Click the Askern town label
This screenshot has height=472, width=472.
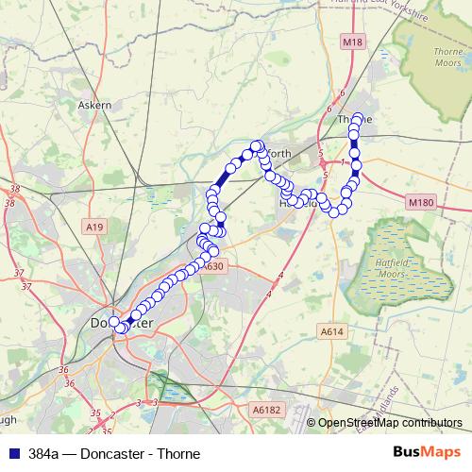(x=95, y=105)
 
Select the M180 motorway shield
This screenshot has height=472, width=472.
(x=421, y=202)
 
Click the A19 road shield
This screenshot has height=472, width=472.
(x=93, y=227)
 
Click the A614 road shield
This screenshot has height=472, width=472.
(x=331, y=331)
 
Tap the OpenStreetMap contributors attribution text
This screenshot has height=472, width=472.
(x=390, y=423)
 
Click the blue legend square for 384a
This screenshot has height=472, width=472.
(x=10, y=453)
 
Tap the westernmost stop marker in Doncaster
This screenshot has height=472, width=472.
(x=114, y=322)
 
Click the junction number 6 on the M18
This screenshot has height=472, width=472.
(x=341, y=93)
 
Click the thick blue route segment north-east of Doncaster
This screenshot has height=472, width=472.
(x=224, y=177)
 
